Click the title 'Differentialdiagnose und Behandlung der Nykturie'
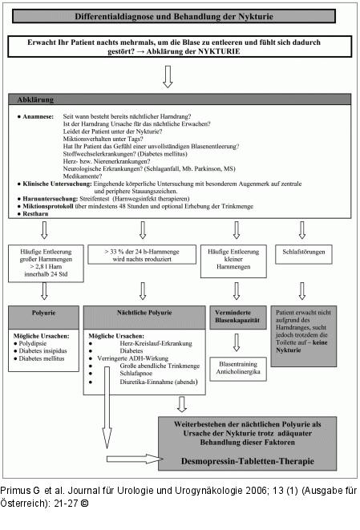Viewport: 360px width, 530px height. point(180,16)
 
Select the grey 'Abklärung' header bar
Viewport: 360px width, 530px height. point(180,99)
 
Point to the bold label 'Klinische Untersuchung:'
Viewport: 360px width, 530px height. point(55,184)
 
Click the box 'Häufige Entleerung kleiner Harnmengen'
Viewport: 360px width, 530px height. point(235,259)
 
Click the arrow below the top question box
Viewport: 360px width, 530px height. point(168,76)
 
